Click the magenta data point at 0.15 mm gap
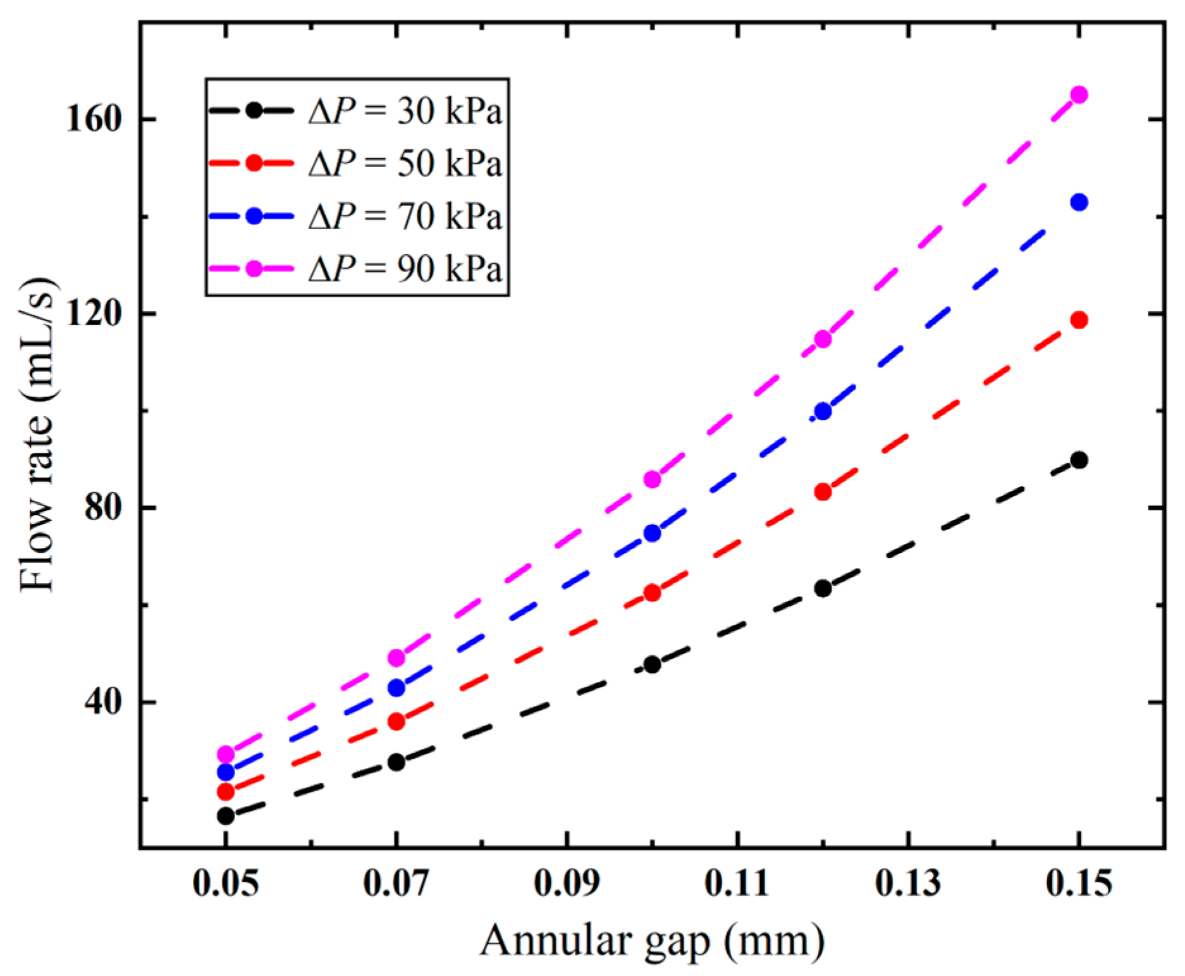click(1079, 95)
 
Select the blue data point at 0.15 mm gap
click(1079, 202)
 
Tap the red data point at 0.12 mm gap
click(823, 491)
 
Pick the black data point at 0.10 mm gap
click(652, 665)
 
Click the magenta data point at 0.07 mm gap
click(396, 658)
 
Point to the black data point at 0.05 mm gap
click(226, 816)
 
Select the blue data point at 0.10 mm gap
click(652, 533)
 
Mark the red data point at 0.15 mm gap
click(1079, 320)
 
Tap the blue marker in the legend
click(254, 216)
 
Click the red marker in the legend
click(254, 163)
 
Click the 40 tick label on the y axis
click(102, 703)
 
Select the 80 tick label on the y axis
click(102, 508)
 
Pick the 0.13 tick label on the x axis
click(908, 883)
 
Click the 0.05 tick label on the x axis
click(226, 883)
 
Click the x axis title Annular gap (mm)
click(652, 941)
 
